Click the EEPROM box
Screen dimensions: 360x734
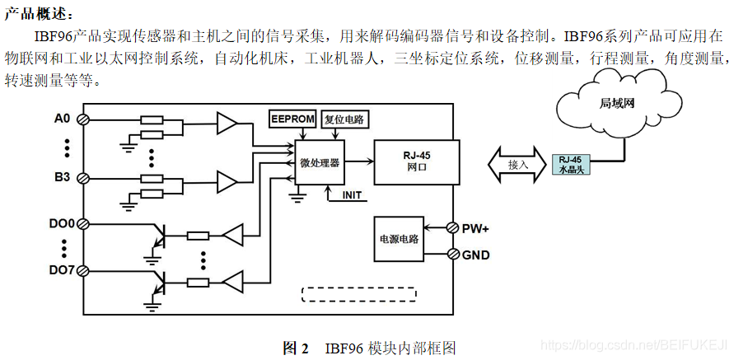point(292,119)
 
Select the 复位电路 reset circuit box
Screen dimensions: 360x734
point(345,119)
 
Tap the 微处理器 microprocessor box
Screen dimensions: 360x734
point(320,162)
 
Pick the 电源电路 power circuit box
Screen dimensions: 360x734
point(398,239)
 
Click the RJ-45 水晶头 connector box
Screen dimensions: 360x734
point(569,163)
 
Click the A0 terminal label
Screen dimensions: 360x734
point(63,119)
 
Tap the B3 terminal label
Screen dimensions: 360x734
point(63,176)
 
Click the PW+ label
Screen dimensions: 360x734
point(476,227)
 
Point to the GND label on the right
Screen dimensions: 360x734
point(475,255)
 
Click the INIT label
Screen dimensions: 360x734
point(353,195)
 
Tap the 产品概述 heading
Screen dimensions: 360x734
point(38,14)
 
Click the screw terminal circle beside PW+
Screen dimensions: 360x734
point(452,227)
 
